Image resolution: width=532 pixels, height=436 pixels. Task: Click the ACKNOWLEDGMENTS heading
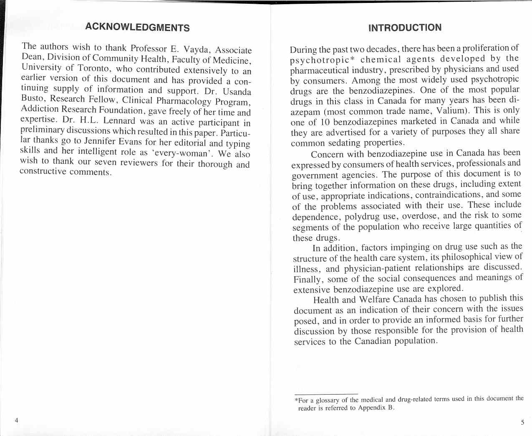point(137,28)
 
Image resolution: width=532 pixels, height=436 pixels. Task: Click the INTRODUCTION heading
point(405,28)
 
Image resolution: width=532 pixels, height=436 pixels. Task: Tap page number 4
point(16,420)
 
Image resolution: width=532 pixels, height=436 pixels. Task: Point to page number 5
point(522,422)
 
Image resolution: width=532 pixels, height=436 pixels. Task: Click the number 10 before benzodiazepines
point(325,122)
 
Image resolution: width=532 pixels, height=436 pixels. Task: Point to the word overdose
point(421,216)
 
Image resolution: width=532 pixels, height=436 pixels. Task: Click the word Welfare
point(373,299)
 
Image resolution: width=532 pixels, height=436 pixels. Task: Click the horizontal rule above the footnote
point(326,394)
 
